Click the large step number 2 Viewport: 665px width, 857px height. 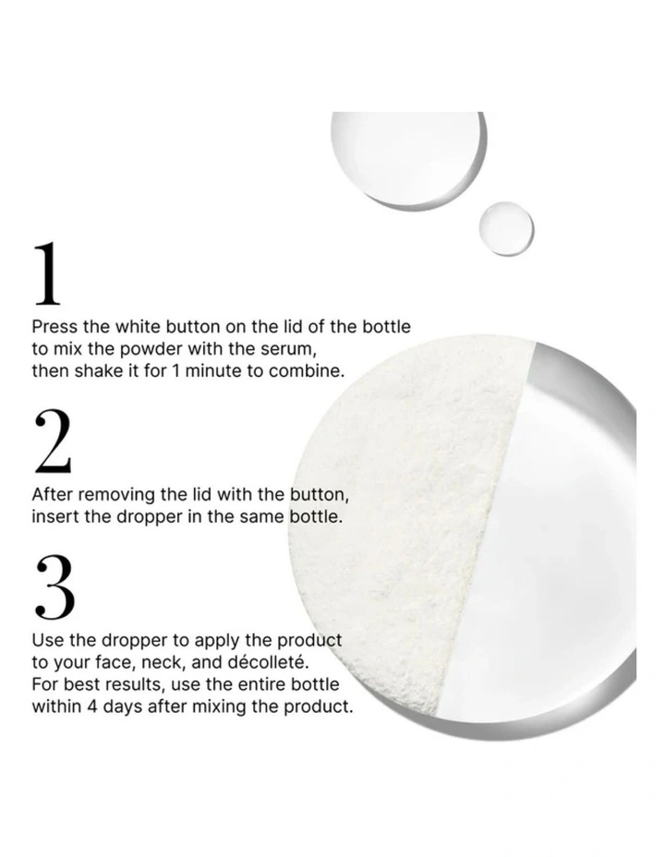point(53,441)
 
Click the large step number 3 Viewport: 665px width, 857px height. point(54,587)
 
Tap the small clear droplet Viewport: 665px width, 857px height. point(506,228)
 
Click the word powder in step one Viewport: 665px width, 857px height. point(151,349)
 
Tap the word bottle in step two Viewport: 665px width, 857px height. point(316,517)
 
